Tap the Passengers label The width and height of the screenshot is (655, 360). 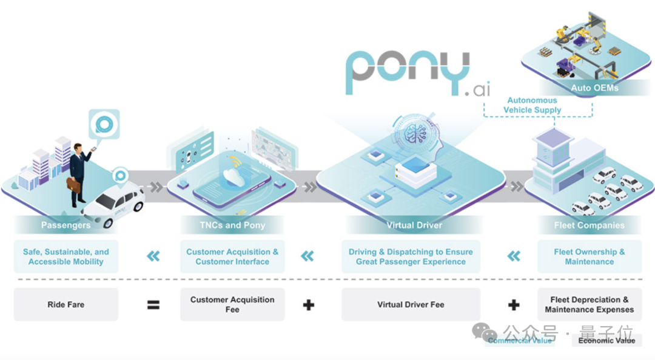[x=65, y=225]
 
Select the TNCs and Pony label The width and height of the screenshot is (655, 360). [x=232, y=225]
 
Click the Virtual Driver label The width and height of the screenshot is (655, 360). [x=414, y=225]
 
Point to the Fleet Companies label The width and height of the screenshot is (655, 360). [x=589, y=225]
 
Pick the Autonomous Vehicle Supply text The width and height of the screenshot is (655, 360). [x=532, y=105]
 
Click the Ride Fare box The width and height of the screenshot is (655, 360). [x=65, y=304]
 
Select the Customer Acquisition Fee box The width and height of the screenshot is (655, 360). [x=232, y=304]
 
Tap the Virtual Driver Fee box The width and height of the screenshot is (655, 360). [x=411, y=304]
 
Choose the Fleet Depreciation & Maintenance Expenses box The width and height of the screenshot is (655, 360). [x=589, y=304]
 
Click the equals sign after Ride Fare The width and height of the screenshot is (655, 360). [x=153, y=304]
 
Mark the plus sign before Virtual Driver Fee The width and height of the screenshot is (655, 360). [x=309, y=304]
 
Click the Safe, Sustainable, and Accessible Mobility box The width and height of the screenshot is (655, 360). [x=65, y=257]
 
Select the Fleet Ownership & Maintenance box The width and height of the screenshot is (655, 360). [x=589, y=257]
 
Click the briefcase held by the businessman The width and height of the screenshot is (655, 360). [x=73, y=185]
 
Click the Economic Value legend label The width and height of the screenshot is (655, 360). [x=606, y=341]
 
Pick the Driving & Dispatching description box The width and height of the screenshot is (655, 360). [x=411, y=257]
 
